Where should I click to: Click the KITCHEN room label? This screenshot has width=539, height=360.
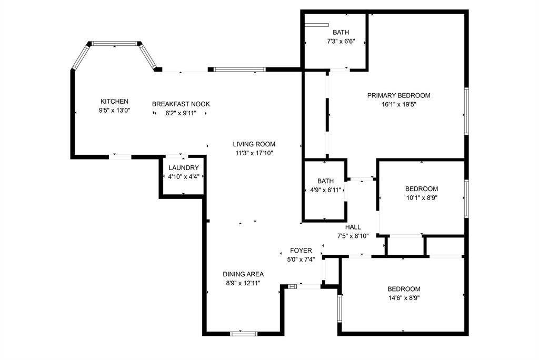point(114,102)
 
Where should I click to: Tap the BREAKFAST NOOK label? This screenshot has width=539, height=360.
point(181,104)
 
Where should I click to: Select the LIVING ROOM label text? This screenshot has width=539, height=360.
point(255,144)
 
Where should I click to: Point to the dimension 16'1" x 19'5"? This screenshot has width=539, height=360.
point(398,104)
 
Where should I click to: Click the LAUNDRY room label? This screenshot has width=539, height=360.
point(183,168)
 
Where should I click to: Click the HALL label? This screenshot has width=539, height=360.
point(353,227)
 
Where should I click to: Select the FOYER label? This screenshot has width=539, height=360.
point(301,251)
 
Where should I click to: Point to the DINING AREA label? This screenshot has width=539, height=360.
point(243,274)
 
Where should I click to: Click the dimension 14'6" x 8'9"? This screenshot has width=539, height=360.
point(404,298)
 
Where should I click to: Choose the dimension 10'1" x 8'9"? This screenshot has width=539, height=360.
point(421,198)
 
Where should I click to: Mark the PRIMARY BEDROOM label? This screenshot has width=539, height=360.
point(398,95)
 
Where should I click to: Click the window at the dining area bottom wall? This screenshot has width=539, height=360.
point(244,333)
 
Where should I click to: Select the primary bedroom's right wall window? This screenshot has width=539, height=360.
point(466,111)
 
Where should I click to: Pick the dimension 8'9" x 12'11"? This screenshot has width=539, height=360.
point(243,283)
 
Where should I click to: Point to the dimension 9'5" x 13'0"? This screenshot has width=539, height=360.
point(114,111)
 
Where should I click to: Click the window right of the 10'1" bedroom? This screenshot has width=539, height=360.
point(466,198)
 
